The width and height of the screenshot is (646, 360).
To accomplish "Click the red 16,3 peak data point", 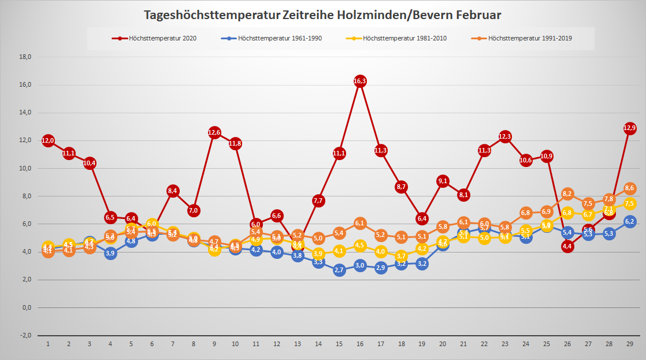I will tap(359, 81).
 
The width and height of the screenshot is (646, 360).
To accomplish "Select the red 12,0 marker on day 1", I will tap(48, 140).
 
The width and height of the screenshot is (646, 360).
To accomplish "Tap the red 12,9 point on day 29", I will tap(629, 128).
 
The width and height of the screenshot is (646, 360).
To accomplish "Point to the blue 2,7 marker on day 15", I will tap(339, 270).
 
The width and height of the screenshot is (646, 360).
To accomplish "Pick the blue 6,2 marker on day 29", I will tap(629, 221).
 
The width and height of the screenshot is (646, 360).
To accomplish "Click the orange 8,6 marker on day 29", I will tap(629, 188).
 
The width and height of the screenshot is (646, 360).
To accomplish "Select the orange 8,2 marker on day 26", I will tap(567, 194).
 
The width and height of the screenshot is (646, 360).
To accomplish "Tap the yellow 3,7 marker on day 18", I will tap(401, 256).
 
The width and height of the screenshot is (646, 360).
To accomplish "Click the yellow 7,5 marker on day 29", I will tap(629, 203).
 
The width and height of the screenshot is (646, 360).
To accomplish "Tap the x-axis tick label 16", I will tap(359, 344).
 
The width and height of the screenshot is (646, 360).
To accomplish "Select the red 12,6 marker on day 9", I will tap(214, 132).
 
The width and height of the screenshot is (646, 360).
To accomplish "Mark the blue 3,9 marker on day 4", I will tap(110, 253).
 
